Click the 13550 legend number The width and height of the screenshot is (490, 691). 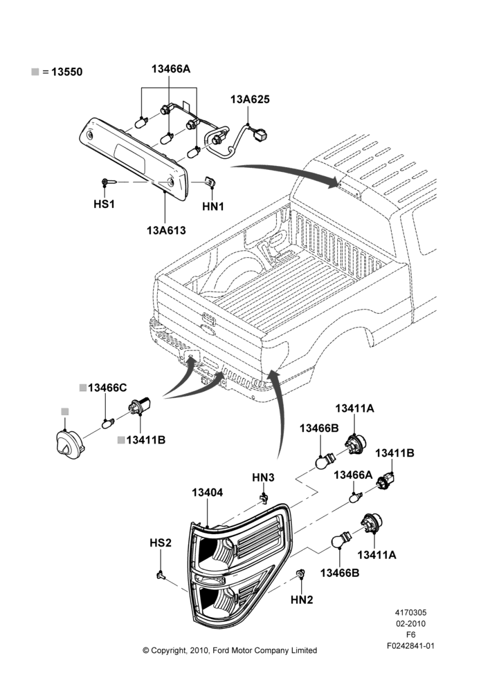(66, 72)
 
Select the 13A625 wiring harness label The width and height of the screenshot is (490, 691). (250, 99)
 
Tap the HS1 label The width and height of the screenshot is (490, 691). (105, 204)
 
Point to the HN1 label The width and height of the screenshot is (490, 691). (213, 206)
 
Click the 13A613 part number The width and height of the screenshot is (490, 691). (166, 230)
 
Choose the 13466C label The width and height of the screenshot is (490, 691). (107, 388)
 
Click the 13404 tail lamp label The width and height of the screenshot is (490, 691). (207, 492)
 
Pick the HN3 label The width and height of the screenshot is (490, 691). (263, 477)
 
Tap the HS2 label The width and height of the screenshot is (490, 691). (161, 542)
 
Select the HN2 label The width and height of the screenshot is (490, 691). (302, 600)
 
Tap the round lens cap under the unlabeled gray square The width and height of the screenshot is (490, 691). (68, 442)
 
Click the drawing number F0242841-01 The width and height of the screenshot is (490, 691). (410, 645)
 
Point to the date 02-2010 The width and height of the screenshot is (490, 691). (410, 623)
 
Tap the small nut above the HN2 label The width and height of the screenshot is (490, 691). (300, 574)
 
